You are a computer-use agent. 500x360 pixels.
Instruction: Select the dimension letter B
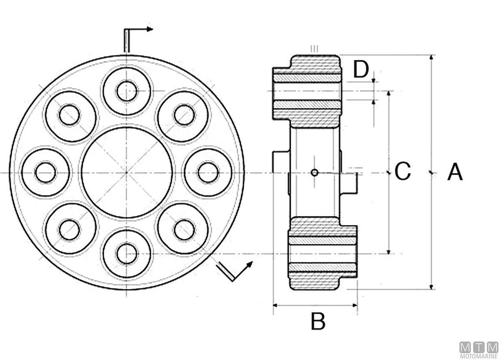tap(318, 321)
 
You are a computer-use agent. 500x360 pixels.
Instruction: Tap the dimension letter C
tap(402, 171)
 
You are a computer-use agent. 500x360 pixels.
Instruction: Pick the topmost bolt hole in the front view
tap(127, 91)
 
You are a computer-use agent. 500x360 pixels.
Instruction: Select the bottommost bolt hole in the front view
tap(127, 254)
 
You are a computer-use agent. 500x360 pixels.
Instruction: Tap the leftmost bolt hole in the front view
tap(45, 172)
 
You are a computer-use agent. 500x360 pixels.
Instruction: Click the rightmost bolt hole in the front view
tap(208, 172)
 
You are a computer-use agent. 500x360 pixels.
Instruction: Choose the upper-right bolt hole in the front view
tap(184, 115)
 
